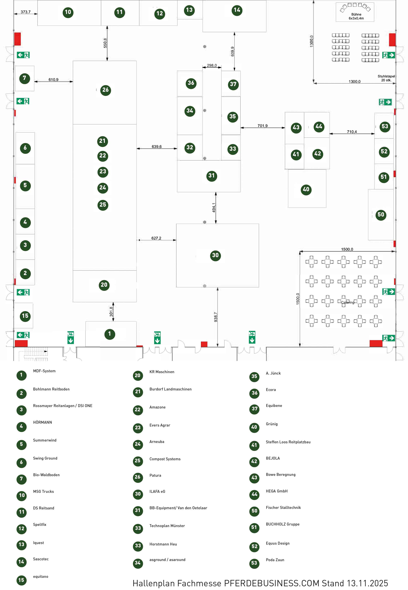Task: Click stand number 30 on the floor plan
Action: tap(215, 255)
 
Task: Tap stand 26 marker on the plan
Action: tap(105, 90)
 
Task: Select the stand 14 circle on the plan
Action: tap(237, 10)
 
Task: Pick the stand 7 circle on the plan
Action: tap(25, 78)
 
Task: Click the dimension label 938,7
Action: tap(216, 317)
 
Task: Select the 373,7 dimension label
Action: tap(26, 12)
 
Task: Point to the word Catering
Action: tap(347, 302)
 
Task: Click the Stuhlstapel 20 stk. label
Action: tap(386, 78)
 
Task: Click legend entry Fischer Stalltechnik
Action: tap(283, 507)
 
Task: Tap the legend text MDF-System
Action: tap(44, 371)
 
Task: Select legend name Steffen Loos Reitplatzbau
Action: tap(288, 442)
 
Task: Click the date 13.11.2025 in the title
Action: tap(367, 583)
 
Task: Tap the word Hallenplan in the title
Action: tap(153, 583)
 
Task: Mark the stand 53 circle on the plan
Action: tap(384, 127)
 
